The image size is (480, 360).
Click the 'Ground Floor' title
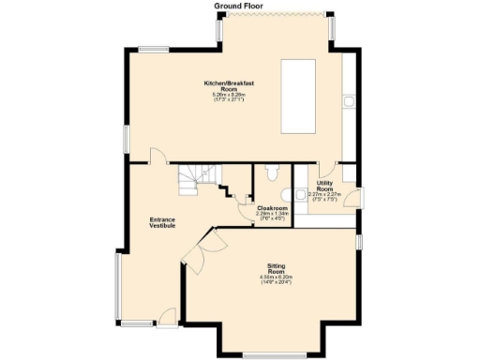(239, 6)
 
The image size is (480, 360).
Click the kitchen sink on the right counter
(348, 99)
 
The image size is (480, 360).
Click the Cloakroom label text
(271, 208)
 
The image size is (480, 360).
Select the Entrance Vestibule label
(163, 222)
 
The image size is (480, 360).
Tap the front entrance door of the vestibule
(166, 317)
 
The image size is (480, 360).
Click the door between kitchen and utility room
(326, 170)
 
